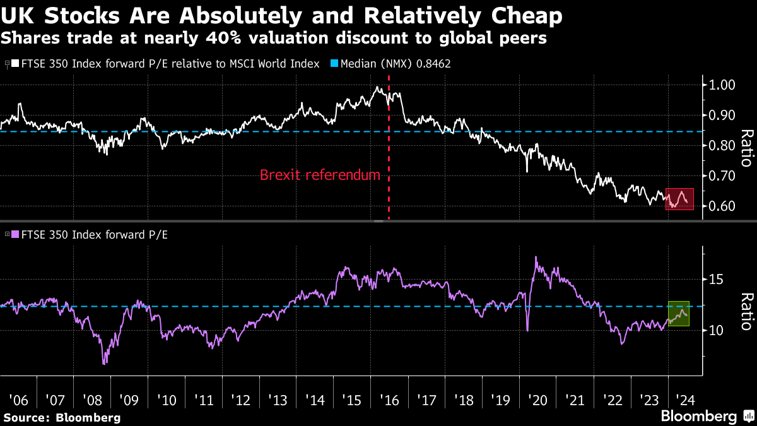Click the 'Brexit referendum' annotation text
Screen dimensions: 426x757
point(320,175)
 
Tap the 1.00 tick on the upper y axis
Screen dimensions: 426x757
point(720,85)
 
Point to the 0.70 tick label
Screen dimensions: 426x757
point(720,176)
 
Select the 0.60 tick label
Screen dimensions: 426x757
point(720,206)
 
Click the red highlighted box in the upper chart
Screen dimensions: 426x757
point(680,199)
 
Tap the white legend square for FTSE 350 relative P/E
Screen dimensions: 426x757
point(15,64)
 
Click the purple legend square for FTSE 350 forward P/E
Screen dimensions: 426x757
point(15,234)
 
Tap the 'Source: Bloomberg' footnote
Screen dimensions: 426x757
point(61,417)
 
